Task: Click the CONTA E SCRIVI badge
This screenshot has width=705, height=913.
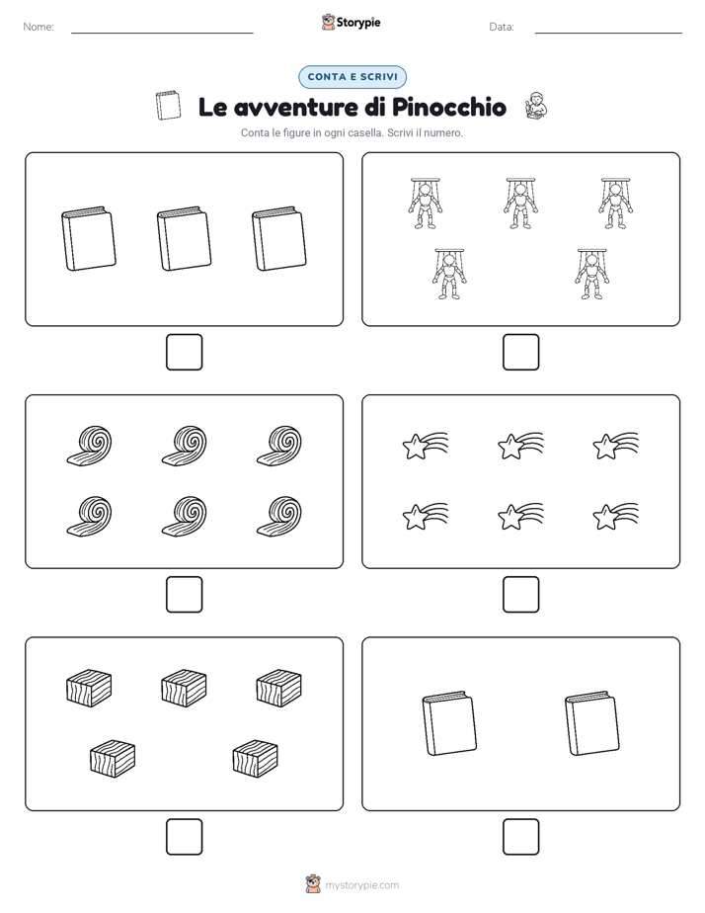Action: [352, 77]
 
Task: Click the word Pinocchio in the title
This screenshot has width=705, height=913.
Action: [448, 107]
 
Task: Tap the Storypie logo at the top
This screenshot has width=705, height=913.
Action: [351, 22]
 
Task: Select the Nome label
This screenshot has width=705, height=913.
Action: [39, 27]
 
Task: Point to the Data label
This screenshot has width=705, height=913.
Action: [502, 27]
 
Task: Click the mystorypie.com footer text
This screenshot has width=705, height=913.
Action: [361, 885]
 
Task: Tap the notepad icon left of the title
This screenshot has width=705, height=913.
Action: [168, 106]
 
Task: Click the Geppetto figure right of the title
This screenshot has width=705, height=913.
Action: [536, 106]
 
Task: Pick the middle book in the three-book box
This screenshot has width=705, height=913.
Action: [184, 238]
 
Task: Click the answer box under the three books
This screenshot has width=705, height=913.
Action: [185, 353]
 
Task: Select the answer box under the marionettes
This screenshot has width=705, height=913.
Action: [520, 353]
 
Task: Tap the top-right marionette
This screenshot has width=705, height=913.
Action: [615, 204]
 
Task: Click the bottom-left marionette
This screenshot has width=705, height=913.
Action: [449, 275]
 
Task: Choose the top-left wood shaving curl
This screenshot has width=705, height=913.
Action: [89, 446]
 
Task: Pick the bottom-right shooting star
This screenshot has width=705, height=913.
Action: [615, 517]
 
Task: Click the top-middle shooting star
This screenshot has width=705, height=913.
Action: [520, 446]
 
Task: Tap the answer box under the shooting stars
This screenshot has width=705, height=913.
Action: [520, 595]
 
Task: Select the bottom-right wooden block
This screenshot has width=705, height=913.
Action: [255, 759]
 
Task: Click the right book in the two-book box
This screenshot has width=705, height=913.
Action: [591, 723]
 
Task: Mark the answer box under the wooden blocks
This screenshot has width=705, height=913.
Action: [185, 837]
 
